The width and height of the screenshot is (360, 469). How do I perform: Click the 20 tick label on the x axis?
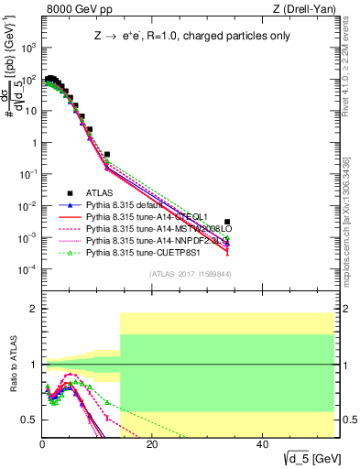click(152, 443)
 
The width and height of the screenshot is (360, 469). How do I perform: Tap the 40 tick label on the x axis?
click(262, 443)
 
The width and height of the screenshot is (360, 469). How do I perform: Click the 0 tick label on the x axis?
click(42, 443)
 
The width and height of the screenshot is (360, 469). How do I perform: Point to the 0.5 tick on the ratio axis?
click(30, 420)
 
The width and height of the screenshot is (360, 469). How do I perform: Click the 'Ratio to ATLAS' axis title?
click(12, 364)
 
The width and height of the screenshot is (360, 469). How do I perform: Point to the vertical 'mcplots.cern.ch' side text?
click(351, 183)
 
